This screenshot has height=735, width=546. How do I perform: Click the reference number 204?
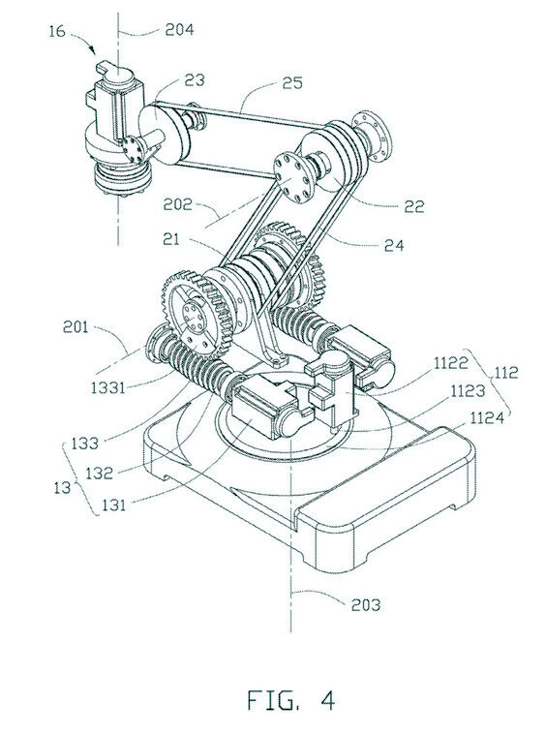click(179, 30)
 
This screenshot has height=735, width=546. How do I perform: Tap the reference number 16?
click(57, 31)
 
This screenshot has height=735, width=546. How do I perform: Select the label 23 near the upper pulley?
click(195, 80)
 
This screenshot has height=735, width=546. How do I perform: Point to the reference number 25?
click(292, 83)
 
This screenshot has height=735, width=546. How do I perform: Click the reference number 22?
click(413, 206)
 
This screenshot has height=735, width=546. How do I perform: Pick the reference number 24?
click(394, 245)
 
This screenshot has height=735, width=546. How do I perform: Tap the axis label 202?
click(177, 204)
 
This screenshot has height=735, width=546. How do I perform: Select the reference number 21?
click(171, 239)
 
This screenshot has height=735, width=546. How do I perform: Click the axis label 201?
click(76, 326)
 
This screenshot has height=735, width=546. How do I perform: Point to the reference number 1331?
click(108, 387)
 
